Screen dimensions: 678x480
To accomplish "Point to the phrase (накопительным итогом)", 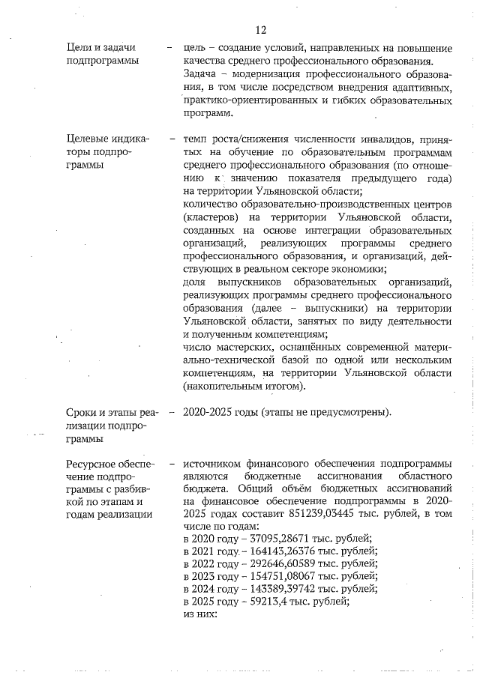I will (244, 387).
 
